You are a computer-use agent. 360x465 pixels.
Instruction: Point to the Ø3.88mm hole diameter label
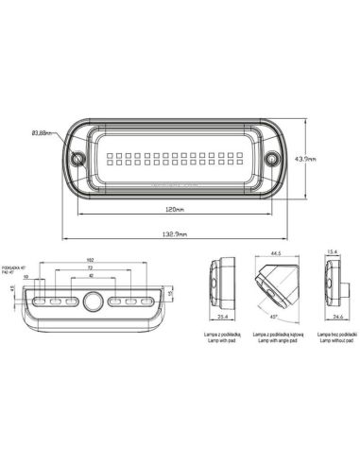[43, 135]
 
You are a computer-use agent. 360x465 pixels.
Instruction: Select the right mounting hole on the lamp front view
[273, 159]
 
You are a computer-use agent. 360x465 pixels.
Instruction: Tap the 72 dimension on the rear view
[90, 269]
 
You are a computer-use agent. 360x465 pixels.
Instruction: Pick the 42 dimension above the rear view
[90, 277]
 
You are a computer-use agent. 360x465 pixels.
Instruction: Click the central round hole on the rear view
[92, 301]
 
